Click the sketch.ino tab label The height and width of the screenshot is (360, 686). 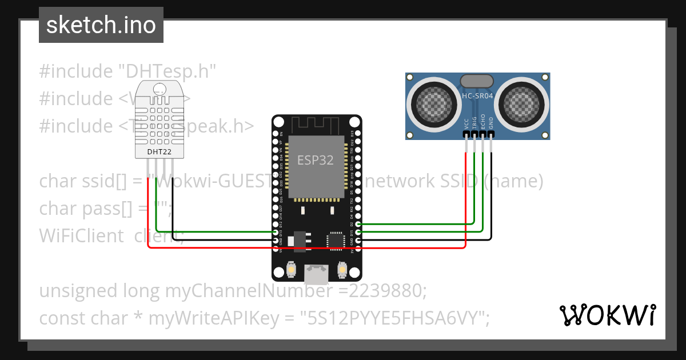101,25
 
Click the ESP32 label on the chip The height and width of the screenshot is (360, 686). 315,160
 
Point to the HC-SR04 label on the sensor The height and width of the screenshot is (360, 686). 477,97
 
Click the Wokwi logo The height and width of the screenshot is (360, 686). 607,315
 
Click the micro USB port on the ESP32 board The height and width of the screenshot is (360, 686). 316,275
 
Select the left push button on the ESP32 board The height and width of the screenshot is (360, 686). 291,269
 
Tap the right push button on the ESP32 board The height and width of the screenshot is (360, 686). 342,269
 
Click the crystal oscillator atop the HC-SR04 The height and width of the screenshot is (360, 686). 477,81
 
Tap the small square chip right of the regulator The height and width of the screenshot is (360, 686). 336,241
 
